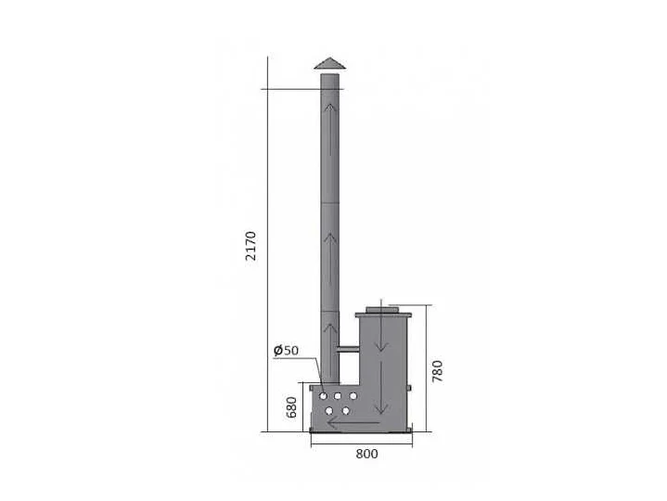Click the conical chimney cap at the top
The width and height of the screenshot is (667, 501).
329,63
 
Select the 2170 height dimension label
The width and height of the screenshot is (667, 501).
251,246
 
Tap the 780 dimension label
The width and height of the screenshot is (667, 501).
437,371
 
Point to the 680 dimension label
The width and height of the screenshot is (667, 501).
291,407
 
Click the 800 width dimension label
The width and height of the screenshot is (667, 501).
366,454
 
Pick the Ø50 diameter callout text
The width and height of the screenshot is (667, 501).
286,350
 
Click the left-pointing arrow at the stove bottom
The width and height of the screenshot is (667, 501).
353,423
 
